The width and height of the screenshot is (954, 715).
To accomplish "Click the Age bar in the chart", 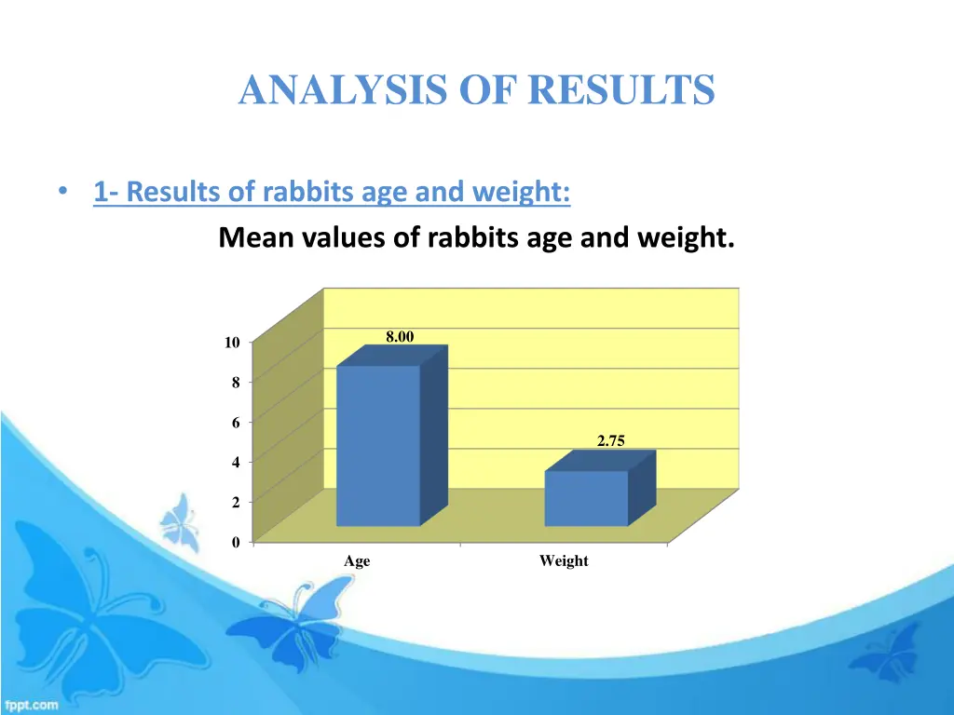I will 378,445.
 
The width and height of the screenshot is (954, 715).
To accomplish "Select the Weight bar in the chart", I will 586,498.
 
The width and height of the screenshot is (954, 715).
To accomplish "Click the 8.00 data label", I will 400,337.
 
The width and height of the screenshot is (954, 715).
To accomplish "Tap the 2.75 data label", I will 610,442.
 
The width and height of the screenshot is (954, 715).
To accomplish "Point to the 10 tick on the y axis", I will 231,343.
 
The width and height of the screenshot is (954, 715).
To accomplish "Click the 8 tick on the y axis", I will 236,383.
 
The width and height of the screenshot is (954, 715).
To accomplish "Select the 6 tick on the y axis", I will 236,423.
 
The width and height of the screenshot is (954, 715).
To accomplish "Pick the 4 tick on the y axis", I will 236,463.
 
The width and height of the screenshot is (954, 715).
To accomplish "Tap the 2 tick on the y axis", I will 236,503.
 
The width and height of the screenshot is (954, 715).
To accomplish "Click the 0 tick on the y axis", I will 236,542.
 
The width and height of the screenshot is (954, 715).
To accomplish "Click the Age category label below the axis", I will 357,561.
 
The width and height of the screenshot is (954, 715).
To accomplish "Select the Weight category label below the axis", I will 564,561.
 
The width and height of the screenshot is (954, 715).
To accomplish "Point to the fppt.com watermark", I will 31,705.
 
